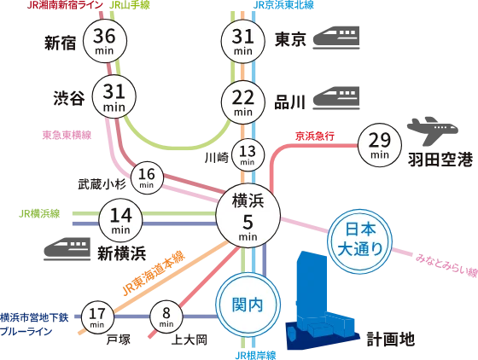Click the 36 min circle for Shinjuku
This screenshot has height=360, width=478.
coord(105,41)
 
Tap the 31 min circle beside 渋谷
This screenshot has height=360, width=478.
coord(114,96)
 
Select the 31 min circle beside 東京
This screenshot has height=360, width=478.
coord(242,42)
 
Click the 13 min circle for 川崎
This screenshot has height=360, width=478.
coord(248,155)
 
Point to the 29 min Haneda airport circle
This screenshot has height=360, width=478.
coord(380,145)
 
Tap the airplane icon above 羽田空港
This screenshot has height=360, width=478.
coord(433,131)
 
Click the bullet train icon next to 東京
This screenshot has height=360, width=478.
coord(336,38)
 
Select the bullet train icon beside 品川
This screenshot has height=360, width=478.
coord(336,98)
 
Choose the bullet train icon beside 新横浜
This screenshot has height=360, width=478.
coord(67,249)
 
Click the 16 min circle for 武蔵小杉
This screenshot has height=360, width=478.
coord(147,178)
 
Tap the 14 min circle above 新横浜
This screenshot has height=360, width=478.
coord(120,220)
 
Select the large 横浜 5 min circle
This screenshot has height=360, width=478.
coord(248,215)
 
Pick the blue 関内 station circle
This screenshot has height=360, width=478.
coord(248,305)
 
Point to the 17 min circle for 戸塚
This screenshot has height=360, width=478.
coord(97,317)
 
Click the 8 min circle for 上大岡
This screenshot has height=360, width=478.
coord(166,316)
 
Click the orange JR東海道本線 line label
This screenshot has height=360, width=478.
coord(154,273)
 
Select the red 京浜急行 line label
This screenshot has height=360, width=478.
coord(315,136)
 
